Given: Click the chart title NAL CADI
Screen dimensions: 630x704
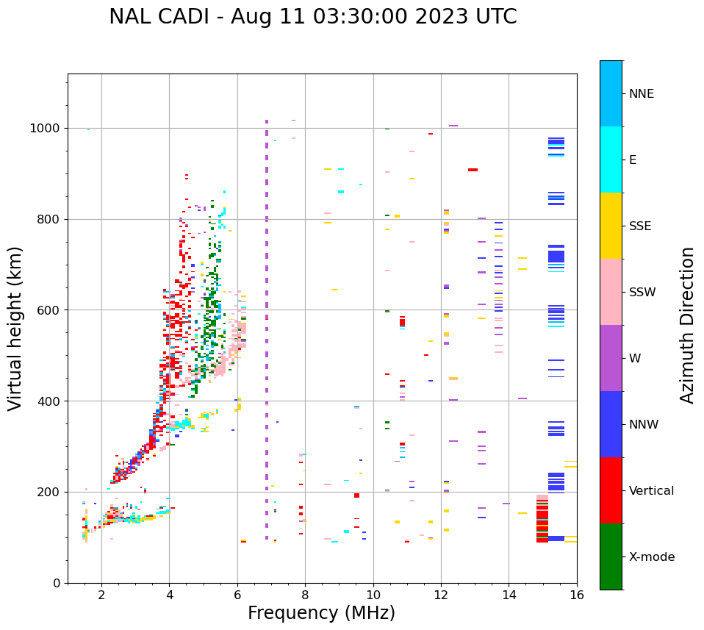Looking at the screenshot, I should tap(312, 17).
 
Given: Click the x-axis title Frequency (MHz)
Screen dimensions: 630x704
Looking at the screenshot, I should tap(321, 613).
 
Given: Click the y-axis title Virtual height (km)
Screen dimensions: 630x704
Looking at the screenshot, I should tap(15, 328).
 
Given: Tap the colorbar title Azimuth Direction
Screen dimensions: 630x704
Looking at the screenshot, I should tap(687, 325).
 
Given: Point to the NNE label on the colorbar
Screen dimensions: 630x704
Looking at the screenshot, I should tap(641, 94).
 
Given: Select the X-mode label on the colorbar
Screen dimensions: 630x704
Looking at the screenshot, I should tap(651, 557).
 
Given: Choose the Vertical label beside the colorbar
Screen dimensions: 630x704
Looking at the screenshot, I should tap(651, 491).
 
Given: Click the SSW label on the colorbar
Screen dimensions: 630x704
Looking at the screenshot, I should tap(642, 293).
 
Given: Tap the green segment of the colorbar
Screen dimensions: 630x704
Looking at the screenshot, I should tap(611, 556).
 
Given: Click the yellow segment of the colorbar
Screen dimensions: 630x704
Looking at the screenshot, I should tap(611, 226).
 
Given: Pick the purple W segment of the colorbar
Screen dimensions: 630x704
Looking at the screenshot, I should tap(611, 358).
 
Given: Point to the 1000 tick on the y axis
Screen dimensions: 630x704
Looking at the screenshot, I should tap(47, 128).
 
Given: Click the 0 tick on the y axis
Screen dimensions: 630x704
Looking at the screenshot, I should tap(57, 583).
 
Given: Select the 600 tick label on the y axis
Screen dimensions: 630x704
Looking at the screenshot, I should tap(50, 310).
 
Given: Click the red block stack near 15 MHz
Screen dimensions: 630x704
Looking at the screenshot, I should tap(542, 519).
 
